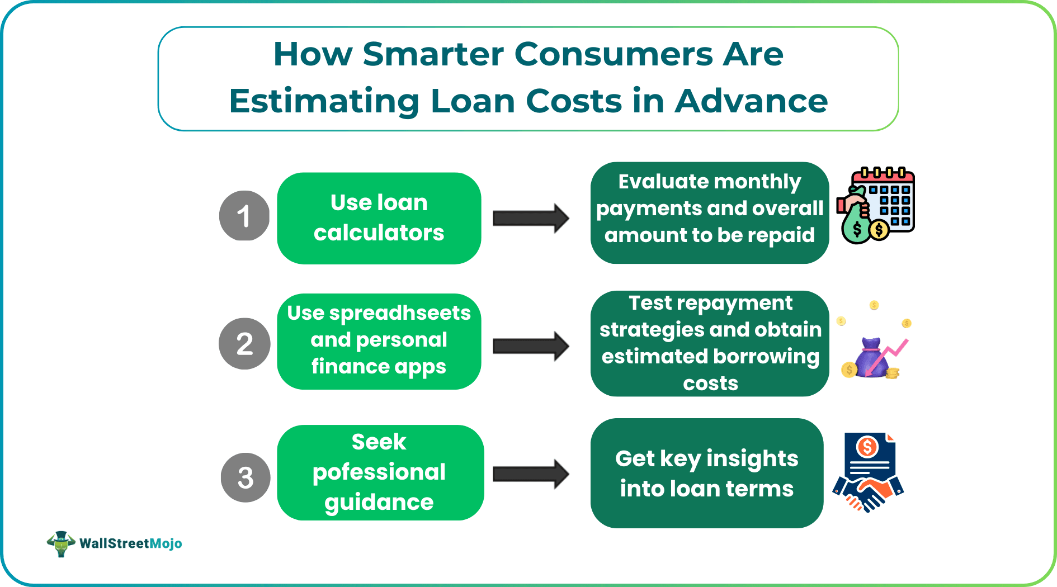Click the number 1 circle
coord(244,216)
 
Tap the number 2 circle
coord(244,344)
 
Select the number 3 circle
coord(246,477)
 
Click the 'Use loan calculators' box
coord(379,218)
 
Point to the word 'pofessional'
coord(379,472)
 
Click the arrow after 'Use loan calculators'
coord(531,218)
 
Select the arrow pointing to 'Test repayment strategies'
coord(531,346)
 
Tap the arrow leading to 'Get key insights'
coord(531,474)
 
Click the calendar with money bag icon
coord(876,205)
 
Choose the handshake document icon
coord(868,472)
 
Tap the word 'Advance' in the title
coord(751,101)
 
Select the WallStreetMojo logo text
coord(131,543)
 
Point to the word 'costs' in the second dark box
coord(710,384)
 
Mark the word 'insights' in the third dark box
coord(752,459)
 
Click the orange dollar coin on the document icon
coord(867,447)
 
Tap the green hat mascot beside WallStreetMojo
coord(61,543)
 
